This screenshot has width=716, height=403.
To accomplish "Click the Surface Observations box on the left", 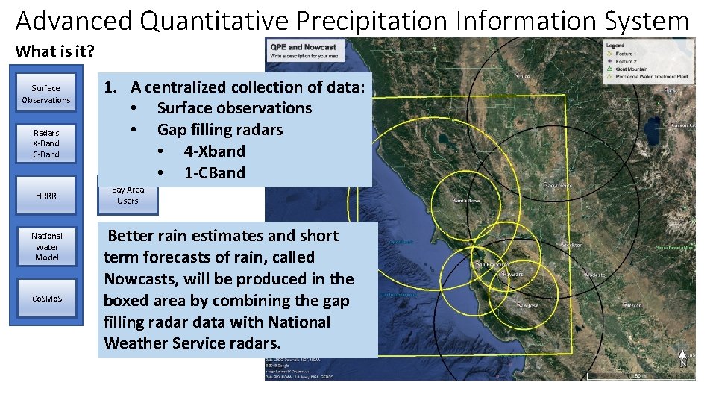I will point(46,94).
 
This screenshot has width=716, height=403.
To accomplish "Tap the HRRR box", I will point(46,196).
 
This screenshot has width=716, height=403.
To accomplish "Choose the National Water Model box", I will point(46,246).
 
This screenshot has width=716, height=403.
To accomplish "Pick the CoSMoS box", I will point(47,299).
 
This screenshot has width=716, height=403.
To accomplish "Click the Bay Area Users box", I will point(128,196).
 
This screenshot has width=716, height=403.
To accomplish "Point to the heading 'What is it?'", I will point(55,51).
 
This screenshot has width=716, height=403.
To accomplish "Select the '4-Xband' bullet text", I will point(214,151).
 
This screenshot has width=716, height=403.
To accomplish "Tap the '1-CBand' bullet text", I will point(214,173).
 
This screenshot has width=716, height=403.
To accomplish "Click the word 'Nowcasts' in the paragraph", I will point(139,279).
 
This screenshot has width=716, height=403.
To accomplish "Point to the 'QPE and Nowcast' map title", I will point(303,47).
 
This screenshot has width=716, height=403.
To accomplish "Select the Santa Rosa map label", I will point(467,201).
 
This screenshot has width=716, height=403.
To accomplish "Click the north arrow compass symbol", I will point(682,359).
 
